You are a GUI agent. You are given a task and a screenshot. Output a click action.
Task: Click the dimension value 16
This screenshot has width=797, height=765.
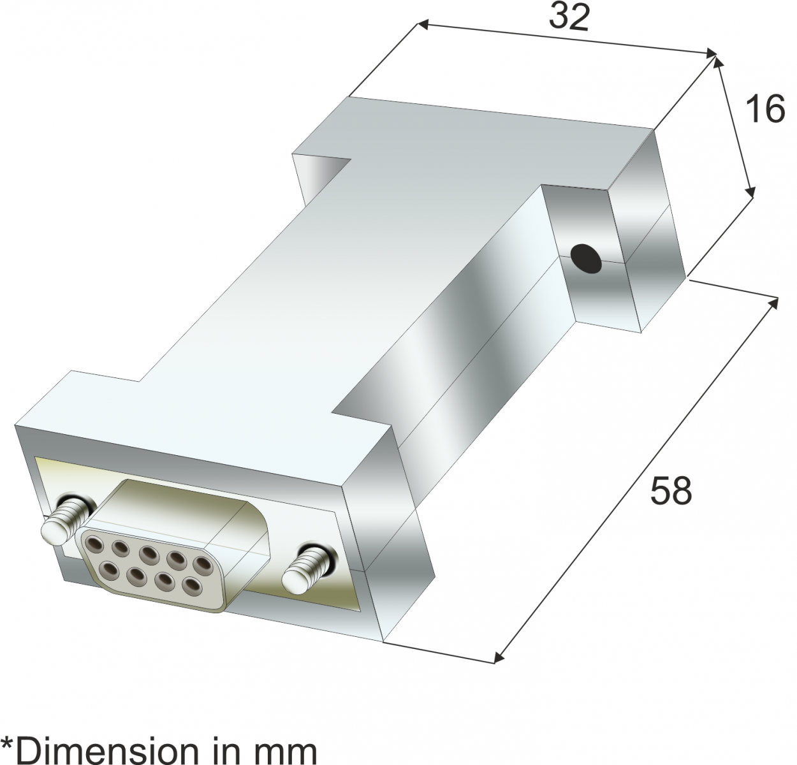(x=763, y=110)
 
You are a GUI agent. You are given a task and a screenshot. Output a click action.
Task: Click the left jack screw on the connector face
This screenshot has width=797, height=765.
(x=66, y=521)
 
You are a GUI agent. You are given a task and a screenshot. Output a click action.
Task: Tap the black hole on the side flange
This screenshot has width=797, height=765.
(x=587, y=258)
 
